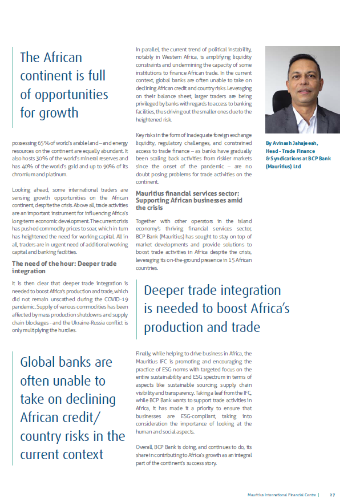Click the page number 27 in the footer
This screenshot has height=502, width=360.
coord(332,495)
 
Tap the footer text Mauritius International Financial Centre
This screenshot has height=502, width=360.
coord(282,495)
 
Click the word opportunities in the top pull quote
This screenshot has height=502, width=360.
coord(64,94)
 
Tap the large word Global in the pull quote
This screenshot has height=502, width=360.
coord(43,362)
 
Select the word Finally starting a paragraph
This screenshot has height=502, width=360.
coord(144,354)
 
